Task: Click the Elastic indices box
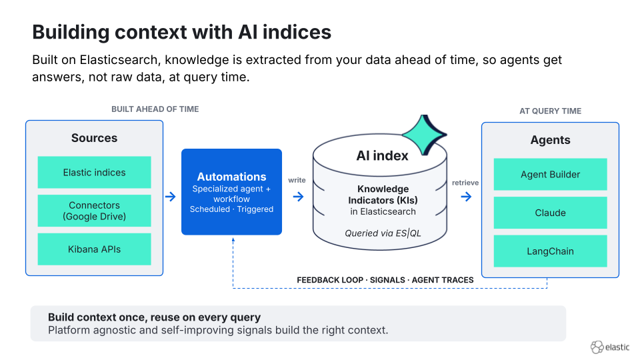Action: (94, 172)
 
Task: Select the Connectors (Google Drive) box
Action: (94, 211)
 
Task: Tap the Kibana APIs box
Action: (94, 249)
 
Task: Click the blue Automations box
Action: (231, 192)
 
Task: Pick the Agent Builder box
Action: (550, 174)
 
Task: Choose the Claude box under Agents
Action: (550, 213)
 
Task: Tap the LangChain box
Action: (550, 251)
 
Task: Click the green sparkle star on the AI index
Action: (425, 134)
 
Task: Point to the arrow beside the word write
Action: (299, 197)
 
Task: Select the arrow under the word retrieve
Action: (466, 197)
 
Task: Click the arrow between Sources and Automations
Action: (171, 197)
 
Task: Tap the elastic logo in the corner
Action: (610, 347)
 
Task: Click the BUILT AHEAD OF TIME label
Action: (155, 109)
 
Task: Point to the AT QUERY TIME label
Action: (550, 111)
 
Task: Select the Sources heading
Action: (94, 138)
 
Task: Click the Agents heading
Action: (550, 140)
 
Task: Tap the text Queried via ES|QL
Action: (383, 233)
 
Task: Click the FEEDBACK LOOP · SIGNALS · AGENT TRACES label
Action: (385, 280)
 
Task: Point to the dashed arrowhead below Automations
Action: (233, 240)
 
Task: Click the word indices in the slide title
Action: (297, 32)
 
